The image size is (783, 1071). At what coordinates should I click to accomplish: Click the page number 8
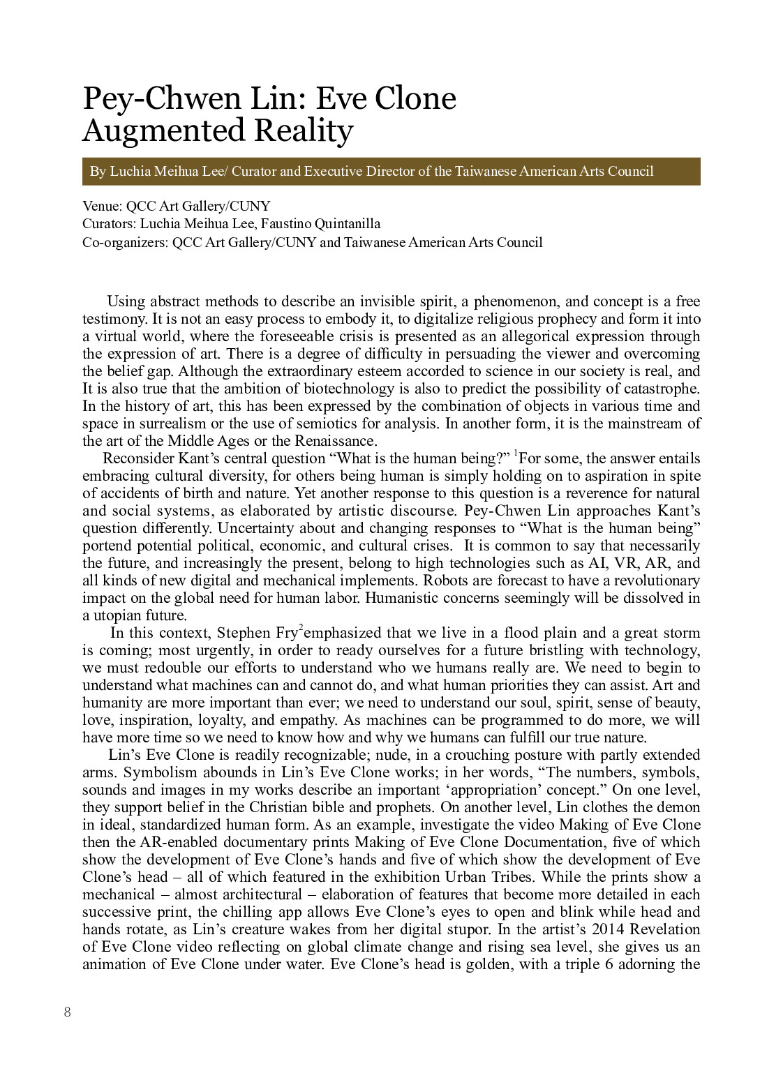(x=67, y=1012)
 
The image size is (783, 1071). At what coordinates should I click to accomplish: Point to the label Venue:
(x=103, y=207)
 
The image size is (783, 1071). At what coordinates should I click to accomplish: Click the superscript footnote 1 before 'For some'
(x=516, y=454)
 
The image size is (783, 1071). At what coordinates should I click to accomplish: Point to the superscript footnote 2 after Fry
(x=301, y=629)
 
